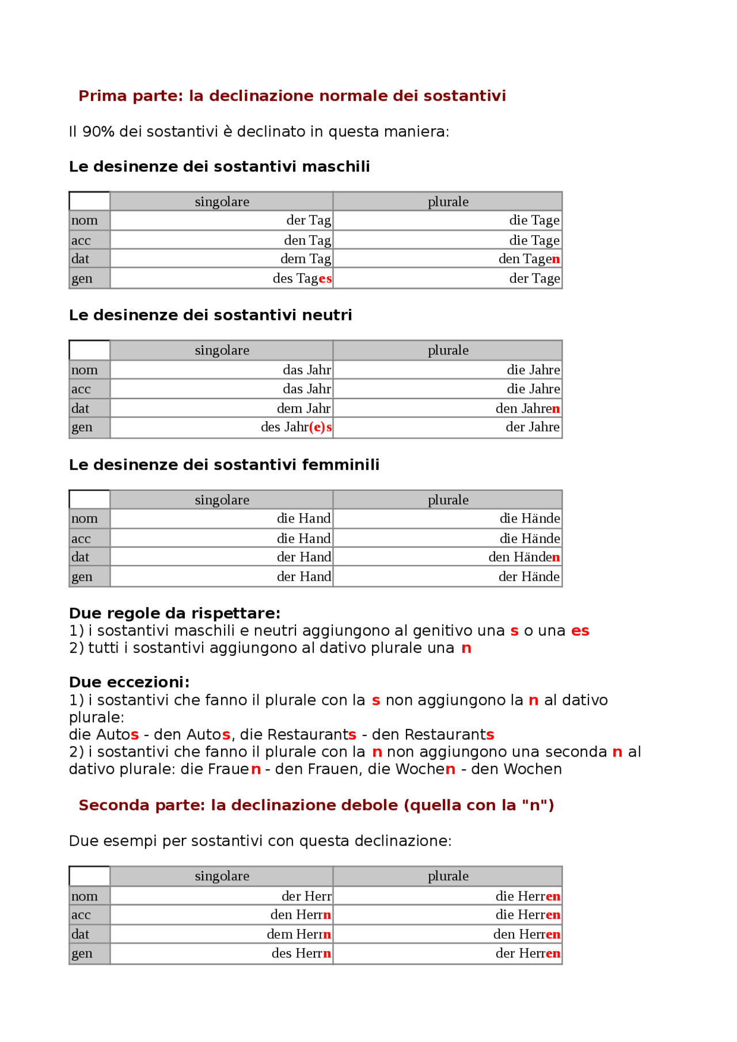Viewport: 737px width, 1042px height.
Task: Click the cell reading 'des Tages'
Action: point(302,278)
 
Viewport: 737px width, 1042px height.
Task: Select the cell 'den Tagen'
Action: point(529,259)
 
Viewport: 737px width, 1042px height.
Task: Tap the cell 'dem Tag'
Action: point(305,259)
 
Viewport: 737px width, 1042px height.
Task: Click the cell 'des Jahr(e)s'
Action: point(296,427)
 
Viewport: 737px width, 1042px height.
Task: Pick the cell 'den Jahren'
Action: point(527,409)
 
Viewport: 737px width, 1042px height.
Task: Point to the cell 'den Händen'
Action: point(524,557)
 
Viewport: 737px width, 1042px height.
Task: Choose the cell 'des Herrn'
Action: point(301,953)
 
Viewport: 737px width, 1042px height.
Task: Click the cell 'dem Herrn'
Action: point(298,934)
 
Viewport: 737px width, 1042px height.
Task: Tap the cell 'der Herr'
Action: point(306,896)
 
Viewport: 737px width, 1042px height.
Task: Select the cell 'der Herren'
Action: point(527,953)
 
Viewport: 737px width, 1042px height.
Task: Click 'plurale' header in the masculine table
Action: point(448,202)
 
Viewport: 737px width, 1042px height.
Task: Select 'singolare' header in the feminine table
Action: point(222,500)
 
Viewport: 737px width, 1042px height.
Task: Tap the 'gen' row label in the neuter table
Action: point(82,427)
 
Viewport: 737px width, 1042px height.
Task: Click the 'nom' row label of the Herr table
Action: point(85,896)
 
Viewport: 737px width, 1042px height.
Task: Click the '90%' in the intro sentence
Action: point(98,132)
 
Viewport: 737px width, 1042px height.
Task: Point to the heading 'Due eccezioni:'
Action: point(129,682)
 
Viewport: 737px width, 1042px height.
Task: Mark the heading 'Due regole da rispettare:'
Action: point(174,613)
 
